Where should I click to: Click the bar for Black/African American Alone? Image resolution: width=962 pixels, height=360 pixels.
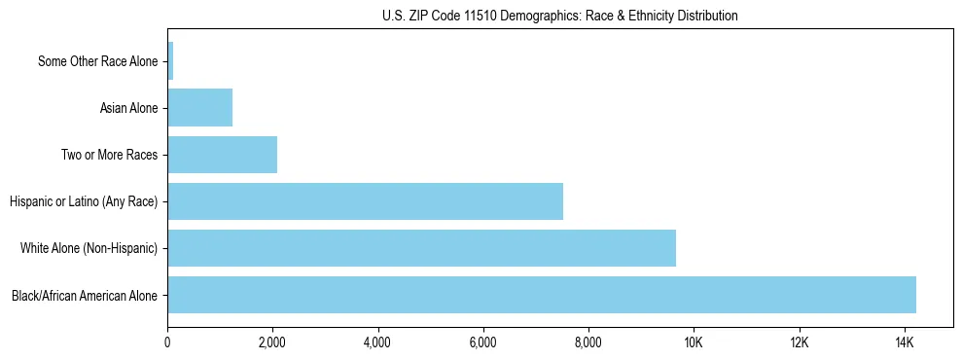[x=542, y=295]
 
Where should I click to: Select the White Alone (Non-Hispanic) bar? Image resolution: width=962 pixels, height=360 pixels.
[x=421, y=248]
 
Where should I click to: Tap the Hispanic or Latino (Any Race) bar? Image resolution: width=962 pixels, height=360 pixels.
[x=365, y=201]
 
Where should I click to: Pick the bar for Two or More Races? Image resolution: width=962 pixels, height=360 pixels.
[x=222, y=155]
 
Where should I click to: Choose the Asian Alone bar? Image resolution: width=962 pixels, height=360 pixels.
[x=199, y=108]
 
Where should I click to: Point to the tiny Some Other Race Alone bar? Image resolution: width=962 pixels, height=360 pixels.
[x=170, y=61]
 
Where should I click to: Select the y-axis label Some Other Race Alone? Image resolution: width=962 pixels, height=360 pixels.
[x=97, y=61]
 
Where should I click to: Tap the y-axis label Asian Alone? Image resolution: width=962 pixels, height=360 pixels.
[x=128, y=108]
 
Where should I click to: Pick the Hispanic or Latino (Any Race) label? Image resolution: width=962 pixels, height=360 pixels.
[x=84, y=201]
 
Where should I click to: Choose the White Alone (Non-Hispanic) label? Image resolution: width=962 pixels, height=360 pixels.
[x=89, y=248]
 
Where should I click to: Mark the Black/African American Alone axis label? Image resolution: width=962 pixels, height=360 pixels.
[x=85, y=295]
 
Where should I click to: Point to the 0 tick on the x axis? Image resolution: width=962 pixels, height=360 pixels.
[x=167, y=343]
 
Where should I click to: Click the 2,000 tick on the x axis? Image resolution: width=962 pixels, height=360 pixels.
[x=272, y=343]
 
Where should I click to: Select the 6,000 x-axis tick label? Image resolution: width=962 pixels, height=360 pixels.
[x=483, y=343]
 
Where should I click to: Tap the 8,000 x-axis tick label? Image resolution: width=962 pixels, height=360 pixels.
[x=588, y=343]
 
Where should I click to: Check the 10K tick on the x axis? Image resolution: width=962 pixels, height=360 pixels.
[x=694, y=343]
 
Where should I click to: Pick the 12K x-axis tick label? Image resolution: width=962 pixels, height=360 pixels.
[x=799, y=343]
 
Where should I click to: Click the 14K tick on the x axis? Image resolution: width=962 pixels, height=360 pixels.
[x=904, y=343]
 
